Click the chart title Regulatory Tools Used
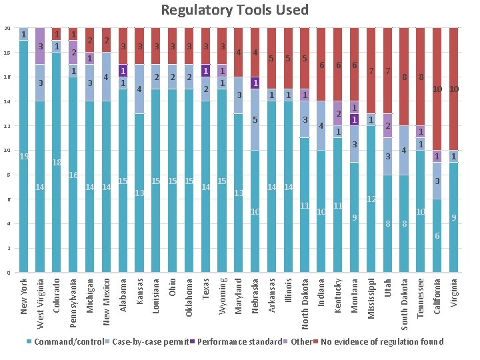click(x=235, y=10)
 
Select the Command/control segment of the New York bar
click(x=24, y=156)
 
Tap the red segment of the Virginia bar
click(x=453, y=89)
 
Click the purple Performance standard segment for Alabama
click(x=123, y=71)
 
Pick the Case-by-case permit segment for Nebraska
click(x=255, y=119)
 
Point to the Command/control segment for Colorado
click(x=57, y=162)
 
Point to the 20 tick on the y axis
click(x=7, y=28)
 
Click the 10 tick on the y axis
click(x=7, y=151)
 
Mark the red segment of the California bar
click(x=437, y=89)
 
